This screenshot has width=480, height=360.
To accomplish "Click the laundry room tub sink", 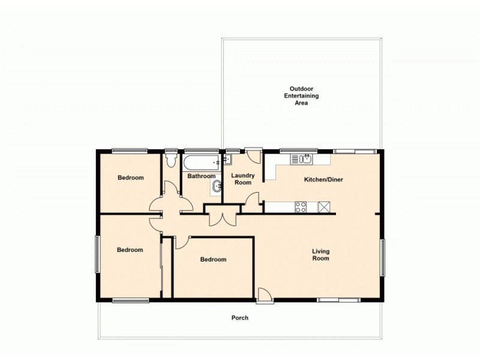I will pos(228,160).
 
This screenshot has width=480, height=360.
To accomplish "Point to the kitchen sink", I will pos(303,159).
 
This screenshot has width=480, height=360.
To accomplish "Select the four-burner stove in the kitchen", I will pos(301,207).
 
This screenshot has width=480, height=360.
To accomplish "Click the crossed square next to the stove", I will pos(324,207).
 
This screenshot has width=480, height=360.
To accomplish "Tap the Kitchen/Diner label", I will pos(323,179).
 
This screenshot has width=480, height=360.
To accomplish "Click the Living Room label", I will pos(320,254).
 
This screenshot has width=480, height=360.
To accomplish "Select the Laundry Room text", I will pos(243,179).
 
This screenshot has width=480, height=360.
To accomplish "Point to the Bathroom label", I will pos(201,176).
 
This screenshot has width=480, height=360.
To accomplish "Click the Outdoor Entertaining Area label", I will pos(301,95).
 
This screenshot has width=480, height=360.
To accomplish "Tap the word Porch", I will pos(240,318).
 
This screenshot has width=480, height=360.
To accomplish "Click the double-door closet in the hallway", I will pos(222,218).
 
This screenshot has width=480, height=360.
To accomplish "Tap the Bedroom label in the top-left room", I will pos(130,178).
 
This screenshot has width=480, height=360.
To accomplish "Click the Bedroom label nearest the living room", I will pos(213,260).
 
